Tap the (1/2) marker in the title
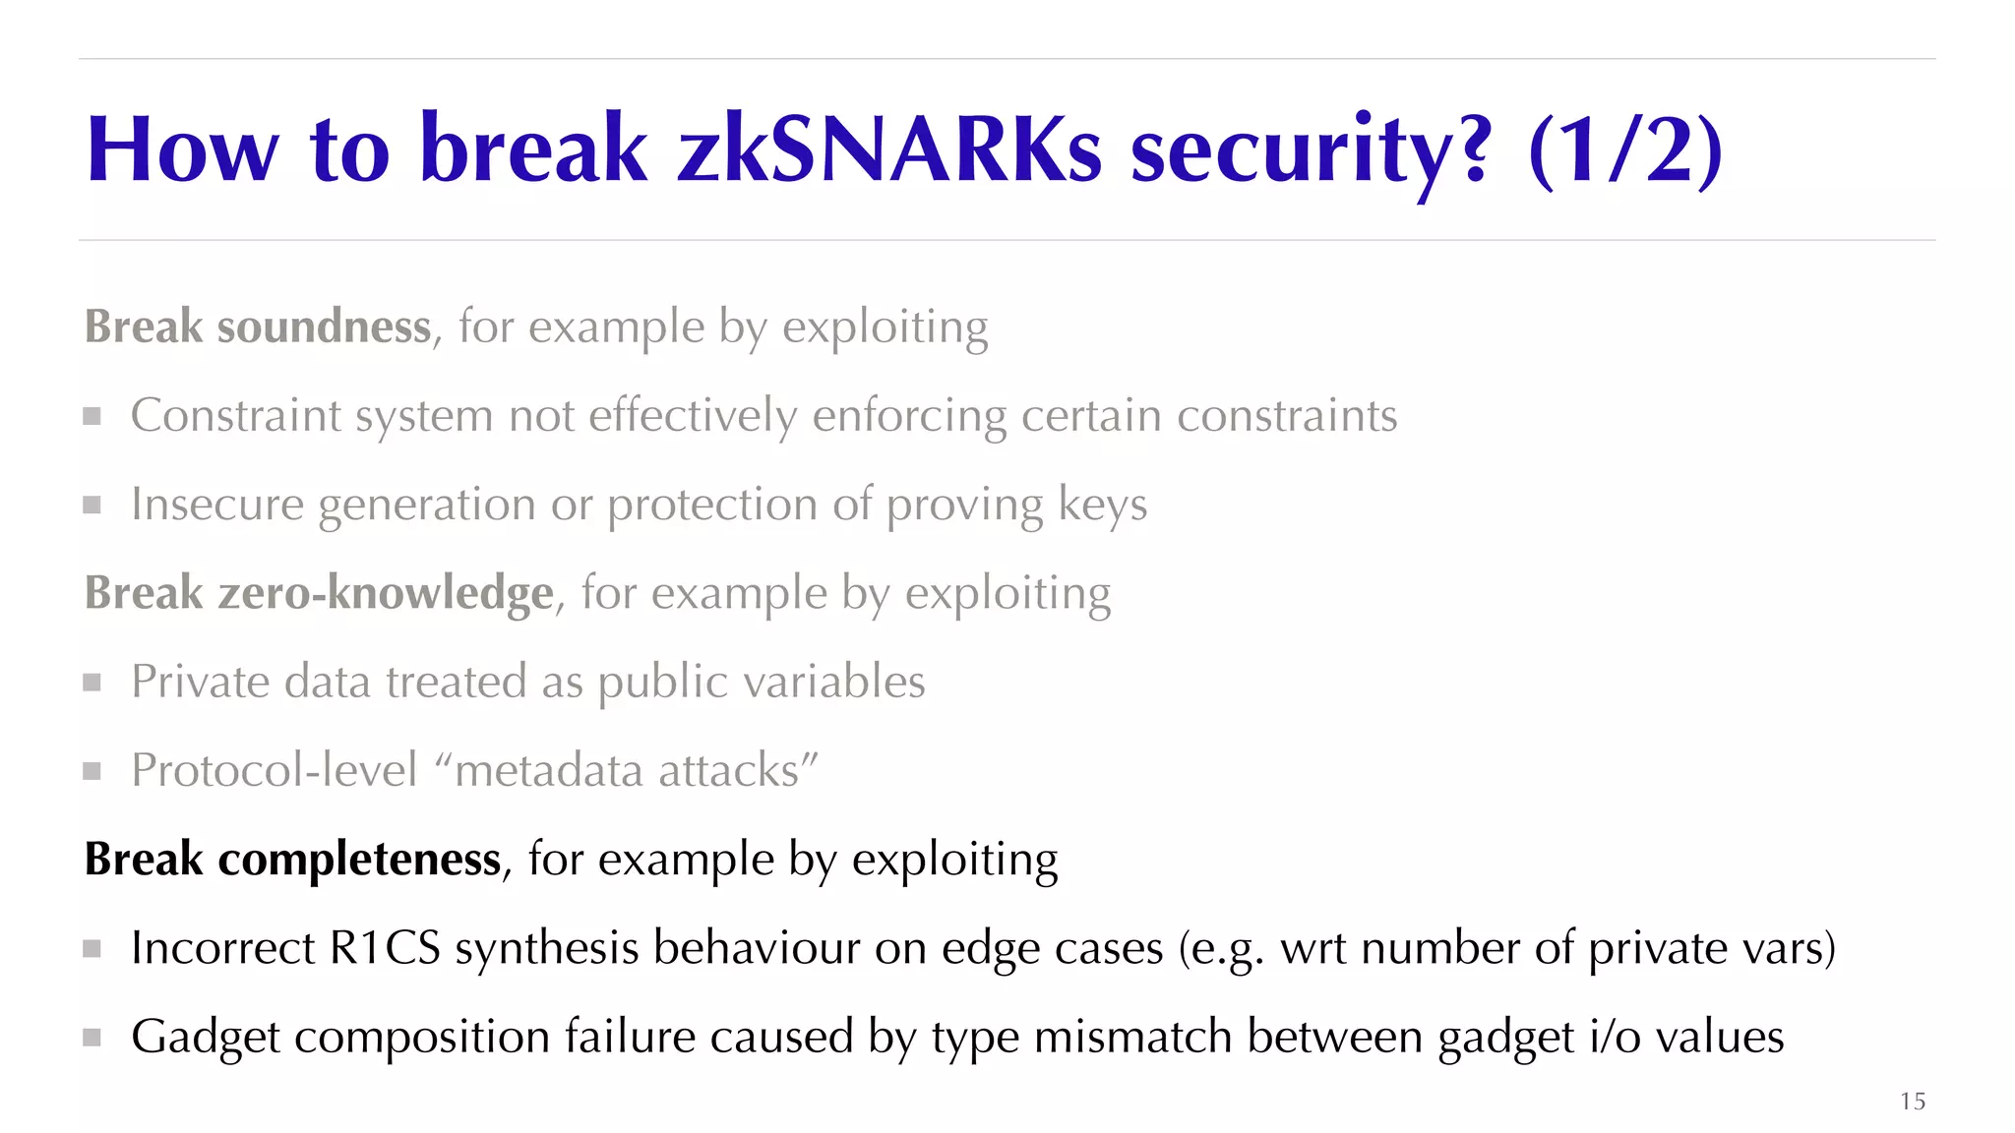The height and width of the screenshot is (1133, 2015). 1624,150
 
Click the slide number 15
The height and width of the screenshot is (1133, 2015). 1913,1101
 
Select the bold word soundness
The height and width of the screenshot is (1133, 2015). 324,328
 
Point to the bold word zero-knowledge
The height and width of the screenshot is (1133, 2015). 386,593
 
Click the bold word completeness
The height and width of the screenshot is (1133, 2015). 359,859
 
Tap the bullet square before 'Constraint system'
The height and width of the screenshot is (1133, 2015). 92,416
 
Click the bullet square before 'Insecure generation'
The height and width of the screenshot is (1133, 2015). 92,505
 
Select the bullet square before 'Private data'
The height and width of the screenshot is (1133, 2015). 92,682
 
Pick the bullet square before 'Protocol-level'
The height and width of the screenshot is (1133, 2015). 92,770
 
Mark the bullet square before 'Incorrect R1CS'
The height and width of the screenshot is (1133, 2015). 92,948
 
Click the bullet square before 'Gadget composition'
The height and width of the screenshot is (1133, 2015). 92,1037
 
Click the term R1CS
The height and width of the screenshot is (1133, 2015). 385,948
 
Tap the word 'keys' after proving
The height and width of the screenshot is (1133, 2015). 1102,505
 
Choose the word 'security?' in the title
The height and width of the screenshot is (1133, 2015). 1311,150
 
